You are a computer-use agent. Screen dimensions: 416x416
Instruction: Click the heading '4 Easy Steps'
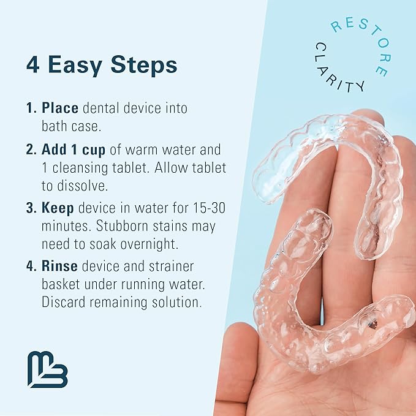pyautogui.click(x=102, y=65)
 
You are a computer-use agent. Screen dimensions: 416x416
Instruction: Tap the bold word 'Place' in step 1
pyautogui.click(x=60, y=108)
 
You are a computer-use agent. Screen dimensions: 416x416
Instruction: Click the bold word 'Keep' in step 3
pyautogui.click(x=58, y=208)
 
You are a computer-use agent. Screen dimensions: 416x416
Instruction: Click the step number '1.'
pyautogui.click(x=32, y=108)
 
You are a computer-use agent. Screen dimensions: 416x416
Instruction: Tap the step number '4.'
pyautogui.click(x=32, y=267)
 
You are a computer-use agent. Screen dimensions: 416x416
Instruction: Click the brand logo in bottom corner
pyautogui.click(x=47, y=369)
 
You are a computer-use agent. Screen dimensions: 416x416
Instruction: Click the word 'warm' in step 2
pyautogui.click(x=145, y=150)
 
